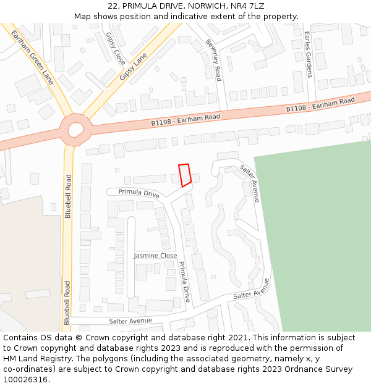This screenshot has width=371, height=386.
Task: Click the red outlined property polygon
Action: pyautogui.click(x=184, y=175)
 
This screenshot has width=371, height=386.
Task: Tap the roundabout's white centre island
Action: pyautogui.click(x=76, y=130)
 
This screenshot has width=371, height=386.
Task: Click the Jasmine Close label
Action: pyautogui.click(x=155, y=255)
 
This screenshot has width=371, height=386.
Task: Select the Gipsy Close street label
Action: pyautogui.click(x=116, y=49)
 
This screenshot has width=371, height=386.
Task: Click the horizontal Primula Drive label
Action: pyautogui.click(x=139, y=193)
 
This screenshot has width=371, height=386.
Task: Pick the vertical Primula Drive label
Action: pyautogui.click(x=184, y=281)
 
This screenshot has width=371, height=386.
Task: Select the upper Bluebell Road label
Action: pyautogui.click(x=68, y=196)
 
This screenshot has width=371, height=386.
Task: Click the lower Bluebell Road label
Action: pyautogui.click(x=67, y=303)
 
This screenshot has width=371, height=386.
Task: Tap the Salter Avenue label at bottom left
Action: pyautogui.click(x=130, y=321)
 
